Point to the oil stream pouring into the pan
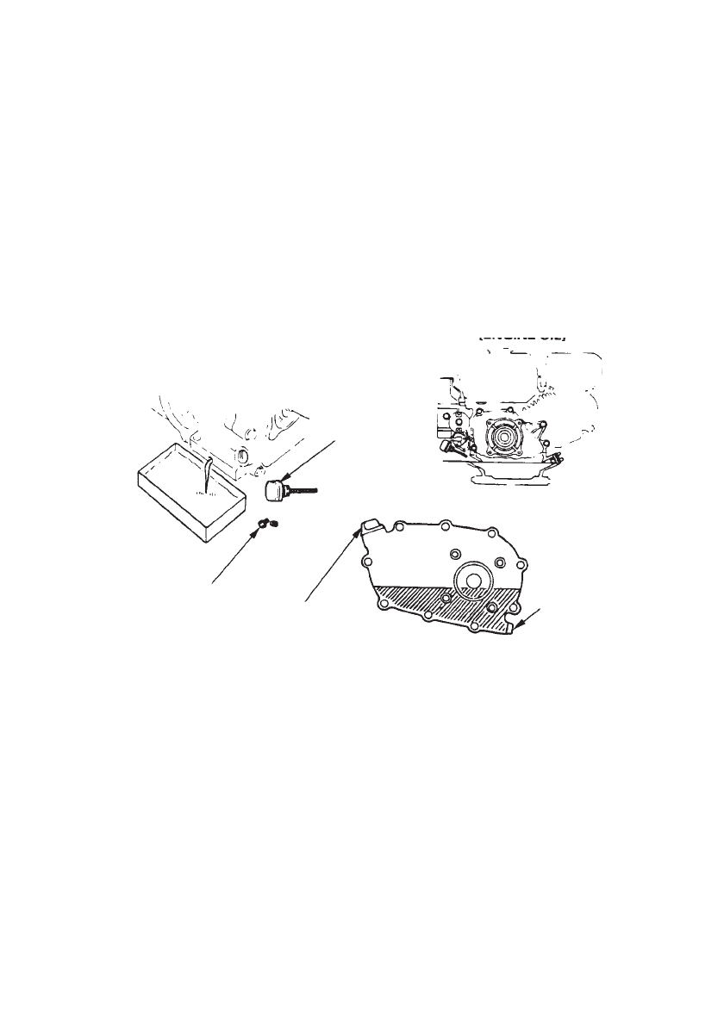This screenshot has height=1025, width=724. [207, 474]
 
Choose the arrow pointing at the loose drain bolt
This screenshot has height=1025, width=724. [233, 556]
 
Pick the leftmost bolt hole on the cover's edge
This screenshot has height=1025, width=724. [368, 562]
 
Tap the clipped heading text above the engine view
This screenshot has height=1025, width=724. [521, 338]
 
